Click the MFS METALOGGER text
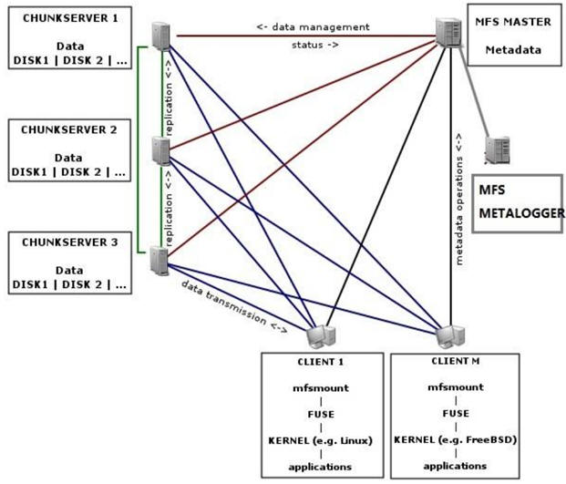click(x=520, y=202)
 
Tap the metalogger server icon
click(x=498, y=149)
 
